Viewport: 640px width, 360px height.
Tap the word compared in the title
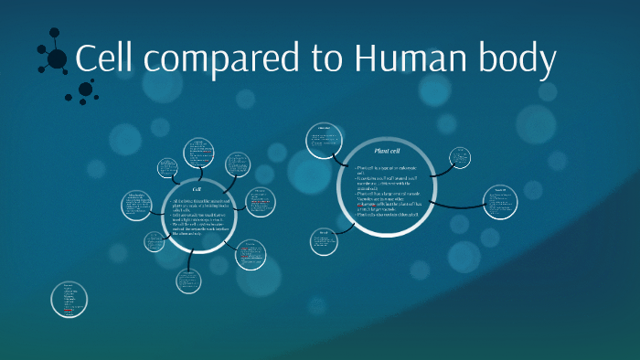tap(219, 61)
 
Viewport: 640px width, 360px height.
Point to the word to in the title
tap(323, 59)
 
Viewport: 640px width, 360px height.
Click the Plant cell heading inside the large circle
tap(389, 150)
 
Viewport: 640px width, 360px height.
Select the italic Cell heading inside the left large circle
tap(197, 189)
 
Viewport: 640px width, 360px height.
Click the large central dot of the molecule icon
tap(57, 59)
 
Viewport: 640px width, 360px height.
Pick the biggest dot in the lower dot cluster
tap(85, 89)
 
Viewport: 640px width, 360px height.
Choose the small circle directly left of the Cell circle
tap(138, 205)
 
